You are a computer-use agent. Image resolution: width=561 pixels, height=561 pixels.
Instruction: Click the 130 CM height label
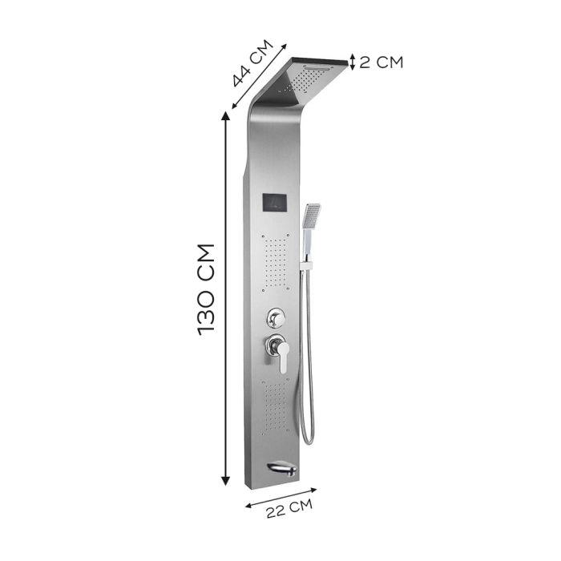pyautogui.click(x=206, y=290)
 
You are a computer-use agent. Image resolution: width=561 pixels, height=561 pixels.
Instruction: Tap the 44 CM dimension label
pyautogui.click(x=252, y=63)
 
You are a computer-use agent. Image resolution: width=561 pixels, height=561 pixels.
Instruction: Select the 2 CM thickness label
pyautogui.click(x=381, y=62)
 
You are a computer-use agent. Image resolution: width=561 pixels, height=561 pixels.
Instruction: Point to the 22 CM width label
pyautogui.click(x=289, y=509)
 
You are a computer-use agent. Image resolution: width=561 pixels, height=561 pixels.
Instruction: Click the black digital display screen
pyautogui.click(x=275, y=204)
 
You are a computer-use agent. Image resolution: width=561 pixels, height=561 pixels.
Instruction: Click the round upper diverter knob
pyautogui.click(x=275, y=317)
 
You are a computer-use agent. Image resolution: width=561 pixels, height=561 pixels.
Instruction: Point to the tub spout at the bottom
pyautogui.click(x=282, y=469)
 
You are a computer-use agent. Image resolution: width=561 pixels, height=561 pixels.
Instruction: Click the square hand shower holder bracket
pyautogui.click(x=307, y=265)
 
